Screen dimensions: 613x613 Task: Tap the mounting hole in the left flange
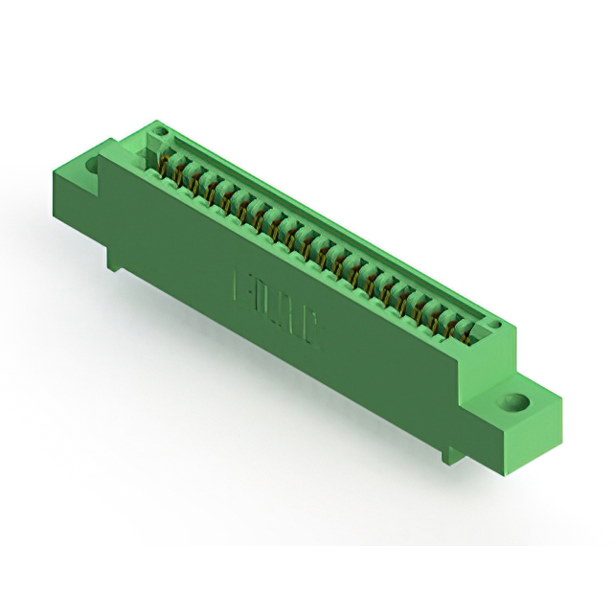coord(93,165)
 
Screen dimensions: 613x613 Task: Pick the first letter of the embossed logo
coord(242,285)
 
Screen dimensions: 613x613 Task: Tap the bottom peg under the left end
coord(114,259)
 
